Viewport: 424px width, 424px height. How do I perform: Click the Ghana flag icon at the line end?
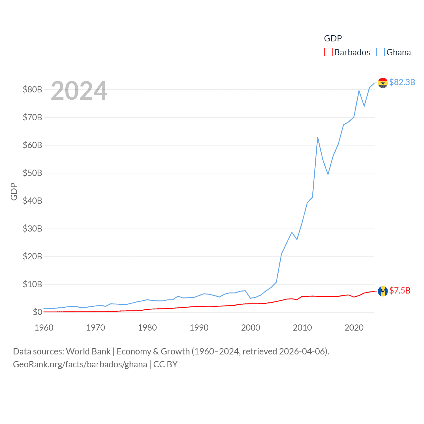click(383, 83)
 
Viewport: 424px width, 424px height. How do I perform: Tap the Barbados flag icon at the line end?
click(383, 291)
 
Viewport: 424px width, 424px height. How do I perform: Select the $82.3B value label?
click(402, 82)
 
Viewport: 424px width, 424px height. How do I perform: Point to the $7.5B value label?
click(400, 291)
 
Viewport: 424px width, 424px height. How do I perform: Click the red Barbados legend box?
click(328, 52)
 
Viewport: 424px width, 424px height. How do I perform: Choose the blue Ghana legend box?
click(381, 52)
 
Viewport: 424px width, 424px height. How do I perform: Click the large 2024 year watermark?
click(79, 90)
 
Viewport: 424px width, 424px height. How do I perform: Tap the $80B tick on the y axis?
click(32, 89)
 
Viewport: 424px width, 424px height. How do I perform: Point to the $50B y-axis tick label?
click(32, 173)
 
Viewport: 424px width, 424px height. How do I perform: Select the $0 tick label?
click(37, 312)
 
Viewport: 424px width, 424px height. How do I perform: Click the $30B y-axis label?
click(32, 229)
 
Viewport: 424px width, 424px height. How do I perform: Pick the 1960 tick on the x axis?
click(44, 328)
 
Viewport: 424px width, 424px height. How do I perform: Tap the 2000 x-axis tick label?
click(251, 328)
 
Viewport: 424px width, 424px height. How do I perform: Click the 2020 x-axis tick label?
click(354, 328)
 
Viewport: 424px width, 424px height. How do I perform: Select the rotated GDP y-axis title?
click(14, 191)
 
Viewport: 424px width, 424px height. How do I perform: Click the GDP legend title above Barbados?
click(333, 38)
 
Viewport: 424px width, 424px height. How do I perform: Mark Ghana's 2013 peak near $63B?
click(318, 137)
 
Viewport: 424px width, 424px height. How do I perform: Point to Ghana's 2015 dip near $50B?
click(328, 174)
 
